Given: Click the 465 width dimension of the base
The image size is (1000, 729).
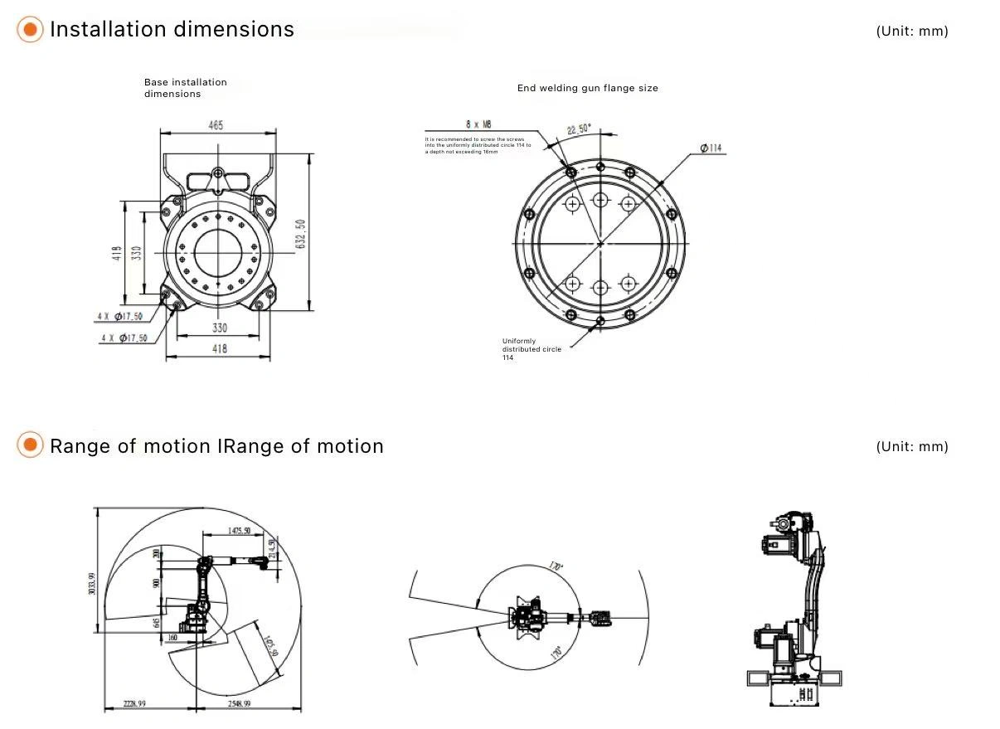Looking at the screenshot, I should (x=216, y=125).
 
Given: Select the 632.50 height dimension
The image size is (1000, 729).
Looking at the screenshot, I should (x=301, y=234).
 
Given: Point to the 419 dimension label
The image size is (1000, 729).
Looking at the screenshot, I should (x=117, y=253).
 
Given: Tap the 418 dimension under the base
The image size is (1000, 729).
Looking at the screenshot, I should (x=218, y=349).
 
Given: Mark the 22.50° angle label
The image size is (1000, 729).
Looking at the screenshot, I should (x=579, y=129).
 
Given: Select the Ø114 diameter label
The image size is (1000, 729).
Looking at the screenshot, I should (x=711, y=148).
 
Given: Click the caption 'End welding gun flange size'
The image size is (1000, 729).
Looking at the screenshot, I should (x=587, y=88).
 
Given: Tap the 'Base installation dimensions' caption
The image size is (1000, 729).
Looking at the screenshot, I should (x=185, y=88).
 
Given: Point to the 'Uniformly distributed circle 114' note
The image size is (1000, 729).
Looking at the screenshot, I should (x=532, y=349).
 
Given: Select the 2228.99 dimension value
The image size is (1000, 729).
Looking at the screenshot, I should (x=130, y=703).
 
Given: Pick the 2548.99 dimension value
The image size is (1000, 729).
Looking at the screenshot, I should (x=234, y=703).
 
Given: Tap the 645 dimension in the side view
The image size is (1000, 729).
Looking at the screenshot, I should (x=157, y=622).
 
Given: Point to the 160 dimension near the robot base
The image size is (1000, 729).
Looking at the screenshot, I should (x=172, y=637).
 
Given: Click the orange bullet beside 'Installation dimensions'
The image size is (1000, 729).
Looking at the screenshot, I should (x=30, y=30).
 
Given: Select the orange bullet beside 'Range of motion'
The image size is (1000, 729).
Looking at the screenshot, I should (x=30, y=445).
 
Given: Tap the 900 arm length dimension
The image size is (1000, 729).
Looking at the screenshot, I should (x=156, y=583).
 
